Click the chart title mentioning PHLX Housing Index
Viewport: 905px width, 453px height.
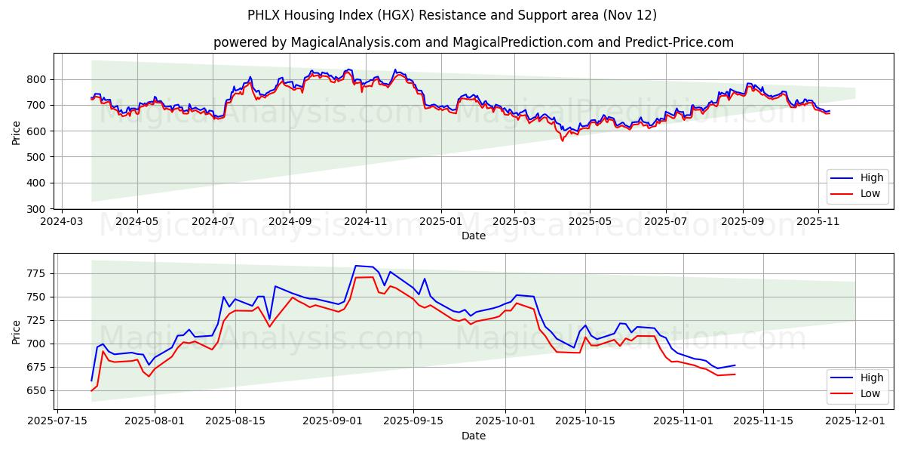pos(452,15)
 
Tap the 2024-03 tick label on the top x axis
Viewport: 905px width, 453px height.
pos(61,223)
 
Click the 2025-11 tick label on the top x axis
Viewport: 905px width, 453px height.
pos(818,223)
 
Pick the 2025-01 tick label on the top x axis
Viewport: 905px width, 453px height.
pos(440,223)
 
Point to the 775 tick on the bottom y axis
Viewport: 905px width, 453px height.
pos(37,273)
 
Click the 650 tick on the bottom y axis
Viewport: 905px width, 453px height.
pos(37,390)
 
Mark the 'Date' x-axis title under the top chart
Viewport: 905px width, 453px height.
pos(473,236)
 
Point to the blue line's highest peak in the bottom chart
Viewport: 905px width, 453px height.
pos(355,266)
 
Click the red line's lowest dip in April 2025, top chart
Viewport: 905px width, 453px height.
pos(561,140)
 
